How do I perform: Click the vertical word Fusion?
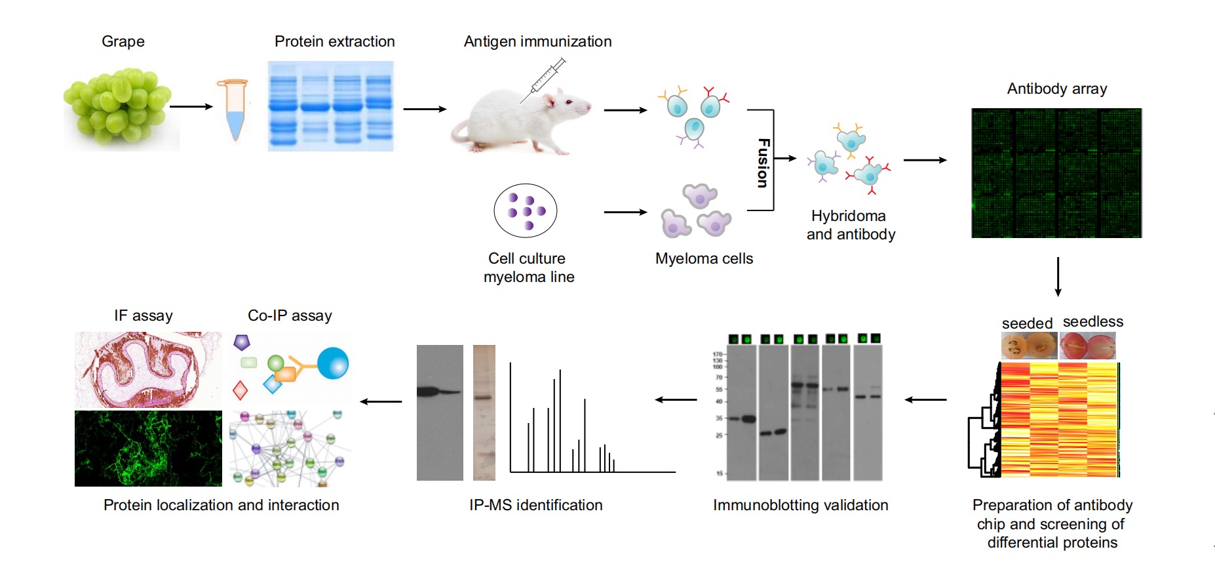coord(763,163)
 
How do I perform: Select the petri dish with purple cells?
coord(525,211)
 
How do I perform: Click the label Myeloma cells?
coord(704,258)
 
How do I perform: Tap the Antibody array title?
coord(1056,89)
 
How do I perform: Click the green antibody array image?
coord(1056,173)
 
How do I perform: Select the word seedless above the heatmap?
coord(1092,321)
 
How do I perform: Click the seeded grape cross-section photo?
coord(1028,346)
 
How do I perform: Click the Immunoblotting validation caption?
coord(800,505)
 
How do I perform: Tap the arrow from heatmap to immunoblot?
coord(925,399)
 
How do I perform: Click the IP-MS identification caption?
coord(535,505)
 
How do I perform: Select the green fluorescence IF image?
coord(148,449)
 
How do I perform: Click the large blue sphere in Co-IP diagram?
coord(333,363)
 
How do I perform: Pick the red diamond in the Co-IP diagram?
coord(240,390)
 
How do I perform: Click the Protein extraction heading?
coord(334,41)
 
